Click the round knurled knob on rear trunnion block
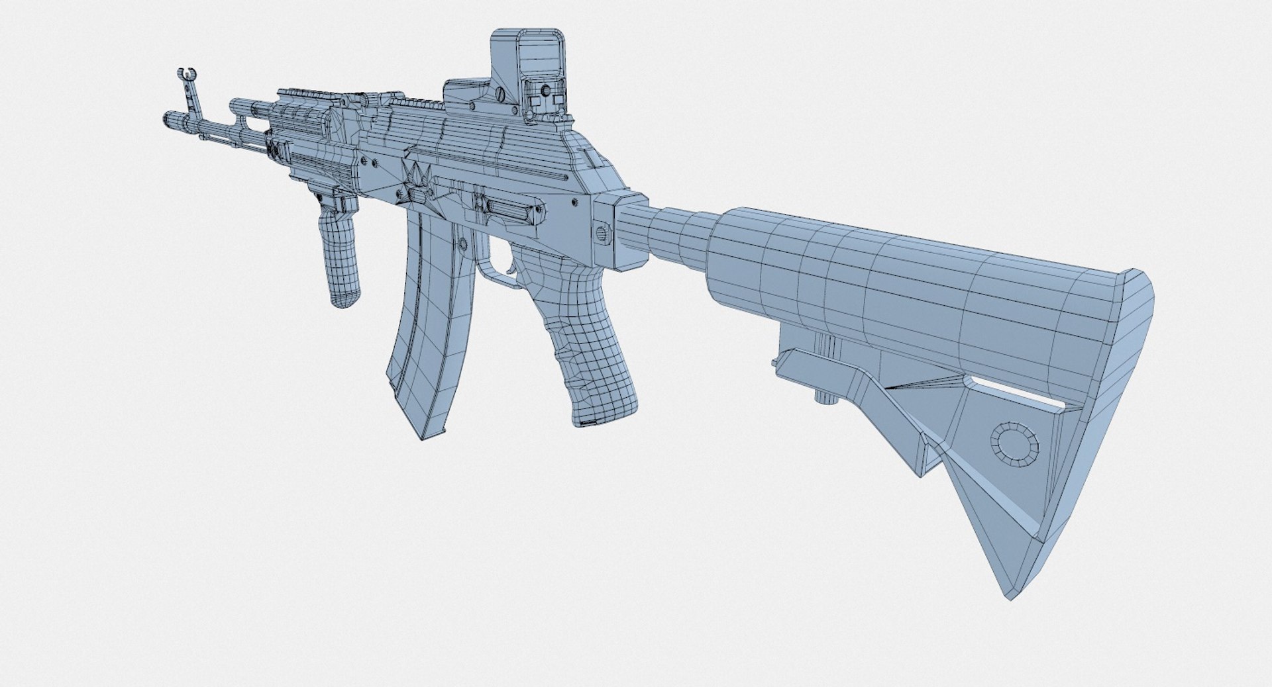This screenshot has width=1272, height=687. [x=601, y=233]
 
